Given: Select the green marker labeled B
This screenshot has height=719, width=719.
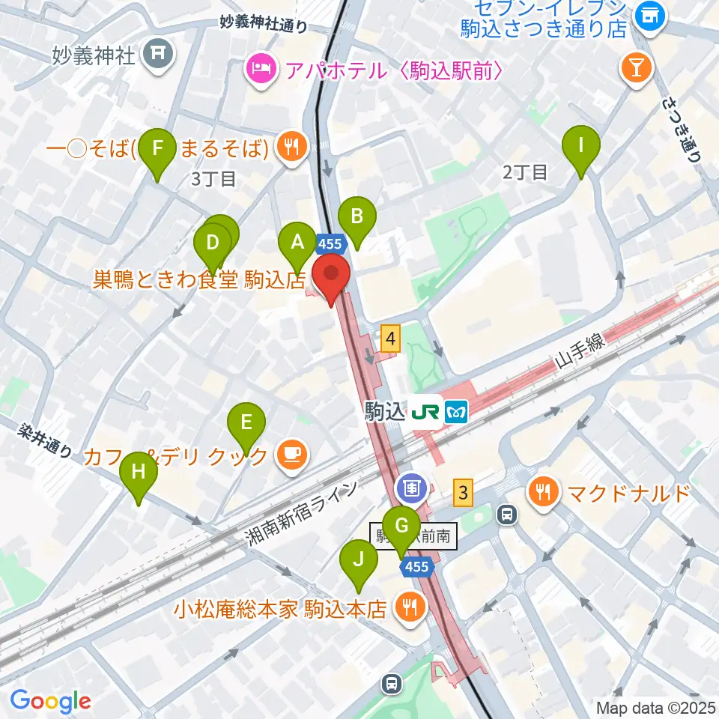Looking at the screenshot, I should (357, 218).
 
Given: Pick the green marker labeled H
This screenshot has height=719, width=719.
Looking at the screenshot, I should (139, 473).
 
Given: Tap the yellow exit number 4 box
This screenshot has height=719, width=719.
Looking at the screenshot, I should (389, 339).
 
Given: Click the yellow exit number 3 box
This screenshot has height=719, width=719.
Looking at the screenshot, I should (464, 492).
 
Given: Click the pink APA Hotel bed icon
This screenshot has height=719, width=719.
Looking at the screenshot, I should (261, 71).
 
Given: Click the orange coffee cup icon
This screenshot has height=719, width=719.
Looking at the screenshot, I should (290, 454).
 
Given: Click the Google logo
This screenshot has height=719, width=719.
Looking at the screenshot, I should (50, 701).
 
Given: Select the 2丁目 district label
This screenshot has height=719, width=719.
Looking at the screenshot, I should (525, 172).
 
